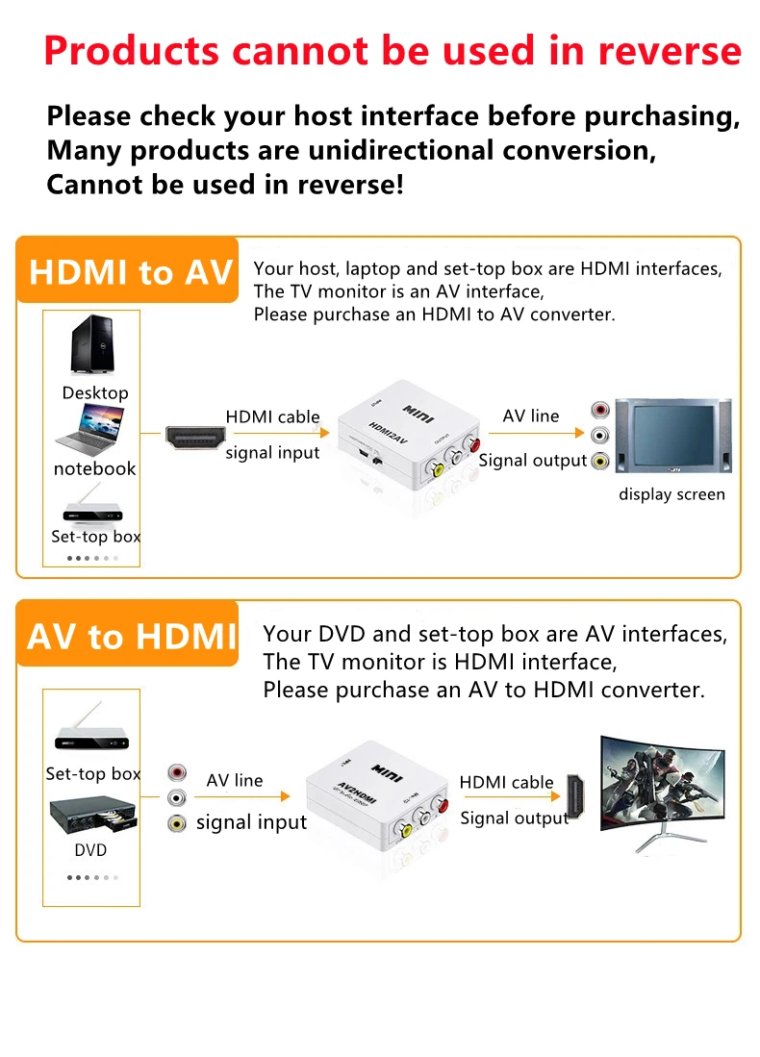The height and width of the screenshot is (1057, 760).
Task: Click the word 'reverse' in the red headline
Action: [x=669, y=51]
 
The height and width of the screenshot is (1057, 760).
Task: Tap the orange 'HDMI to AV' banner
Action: [x=127, y=269]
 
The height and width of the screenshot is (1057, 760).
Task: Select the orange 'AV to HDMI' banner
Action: [x=127, y=634]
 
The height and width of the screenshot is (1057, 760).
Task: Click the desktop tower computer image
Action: [x=93, y=344]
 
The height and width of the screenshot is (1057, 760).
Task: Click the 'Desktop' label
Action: [x=95, y=393]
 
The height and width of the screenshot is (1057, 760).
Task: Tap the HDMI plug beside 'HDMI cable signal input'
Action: [x=195, y=438]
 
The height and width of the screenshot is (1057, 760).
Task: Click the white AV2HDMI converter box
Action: [x=378, y=795]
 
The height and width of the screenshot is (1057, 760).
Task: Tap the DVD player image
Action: [x=93, y=815]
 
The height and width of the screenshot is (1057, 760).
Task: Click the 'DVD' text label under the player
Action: [x=90, y=850]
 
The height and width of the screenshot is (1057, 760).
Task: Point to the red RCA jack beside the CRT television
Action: [x=600, y=410]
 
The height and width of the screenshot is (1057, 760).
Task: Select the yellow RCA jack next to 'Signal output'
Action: [x=600, y=461]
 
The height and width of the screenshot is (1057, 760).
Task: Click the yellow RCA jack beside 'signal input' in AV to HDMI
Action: [x=177, y=823]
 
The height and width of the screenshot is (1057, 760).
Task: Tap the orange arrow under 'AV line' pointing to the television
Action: [x=536, y=433]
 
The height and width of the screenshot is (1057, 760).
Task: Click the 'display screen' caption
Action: [x=671, y=494]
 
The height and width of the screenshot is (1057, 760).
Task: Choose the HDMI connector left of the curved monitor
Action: [x=575, y=796]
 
